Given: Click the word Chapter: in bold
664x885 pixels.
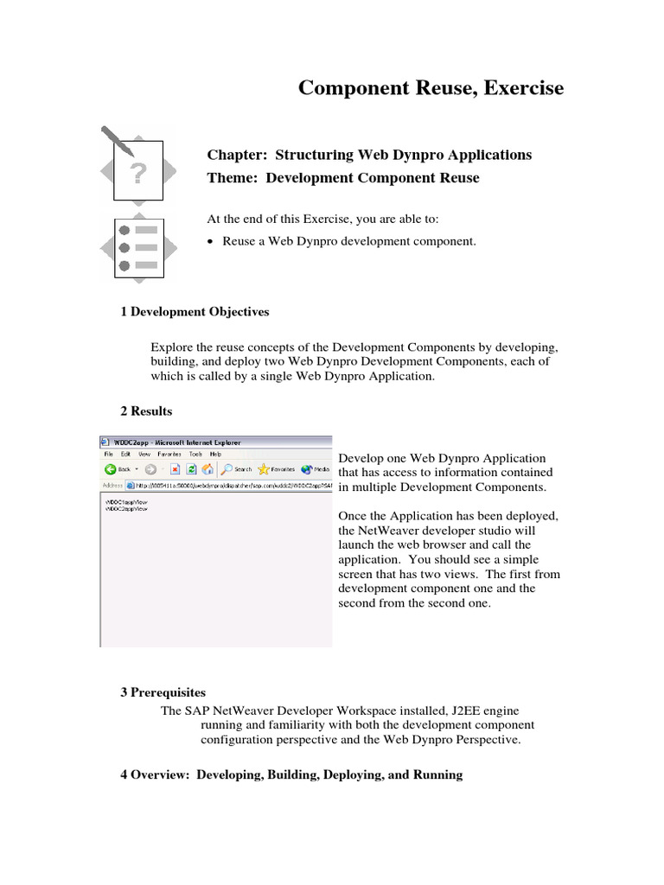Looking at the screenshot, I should click(x=237, y=155).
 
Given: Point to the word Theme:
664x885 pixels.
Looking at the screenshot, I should click(x=233, y=178).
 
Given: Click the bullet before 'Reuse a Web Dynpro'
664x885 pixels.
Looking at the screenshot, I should click(x=211, y=242).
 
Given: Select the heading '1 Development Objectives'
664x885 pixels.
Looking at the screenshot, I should click(x=195, y=311).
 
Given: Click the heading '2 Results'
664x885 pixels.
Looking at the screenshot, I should click(x=146, y=411).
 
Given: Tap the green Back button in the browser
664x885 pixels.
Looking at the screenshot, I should click(x=111, y=469).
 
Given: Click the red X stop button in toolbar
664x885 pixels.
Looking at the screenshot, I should click(x=175, y=469).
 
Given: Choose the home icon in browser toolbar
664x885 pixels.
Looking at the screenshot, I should click(x=207, y=469).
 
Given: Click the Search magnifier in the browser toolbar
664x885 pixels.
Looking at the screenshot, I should click(x=227, y=469).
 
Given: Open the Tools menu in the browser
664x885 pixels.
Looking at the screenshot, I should click(x=195, y=454).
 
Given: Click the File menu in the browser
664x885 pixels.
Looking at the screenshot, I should click(x=109, y=454).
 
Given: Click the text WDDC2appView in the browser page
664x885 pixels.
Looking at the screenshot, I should click(x=125, y=510).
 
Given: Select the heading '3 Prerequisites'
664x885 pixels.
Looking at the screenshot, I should click(x=163, y=692).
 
